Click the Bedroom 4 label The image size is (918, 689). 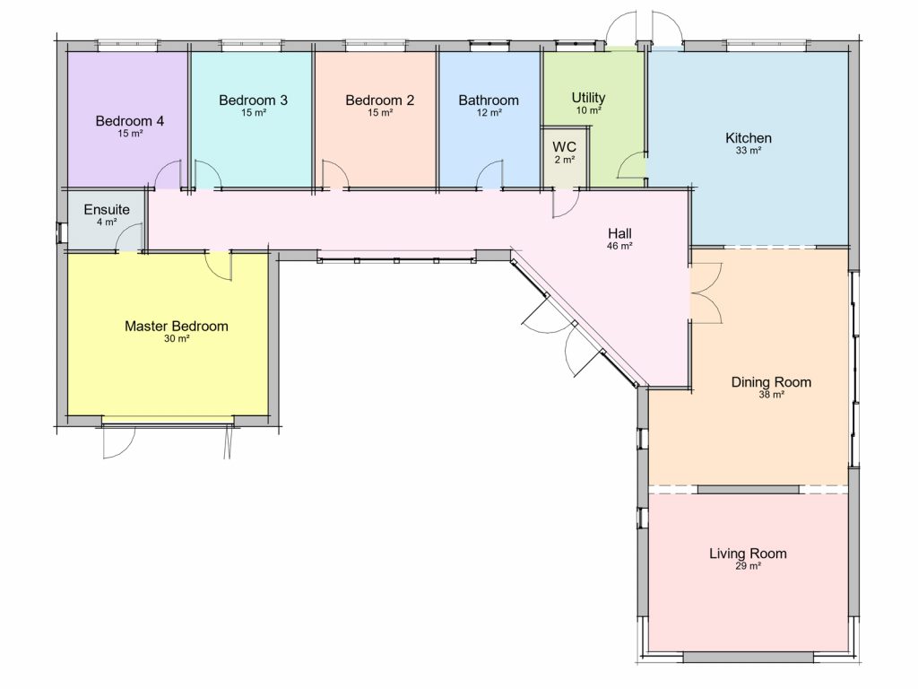click(x=129, y=121)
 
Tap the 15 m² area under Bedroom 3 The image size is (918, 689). click(x=254, y=112)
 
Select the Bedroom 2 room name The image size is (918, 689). click(x=380, y=100)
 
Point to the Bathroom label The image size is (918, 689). click(x=489, y=100)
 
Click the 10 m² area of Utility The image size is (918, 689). click(x=588, y=110)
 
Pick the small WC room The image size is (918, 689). click(x=565, y=157)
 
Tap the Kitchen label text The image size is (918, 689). click(x=749, y=138)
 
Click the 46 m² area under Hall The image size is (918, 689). click(x=619, y=246)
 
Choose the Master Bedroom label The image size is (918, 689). click(x=177, y=327)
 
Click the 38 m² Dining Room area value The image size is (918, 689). click(x=772, y=395)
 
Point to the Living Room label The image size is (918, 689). click(x=748, y=554)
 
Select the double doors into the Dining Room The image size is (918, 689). click(x=706, y=293)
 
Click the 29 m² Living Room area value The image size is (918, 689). click(x=749, y=566)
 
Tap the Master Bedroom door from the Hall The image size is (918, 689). click(x=219, y=266)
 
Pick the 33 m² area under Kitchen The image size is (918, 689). click(x=749, y=151)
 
